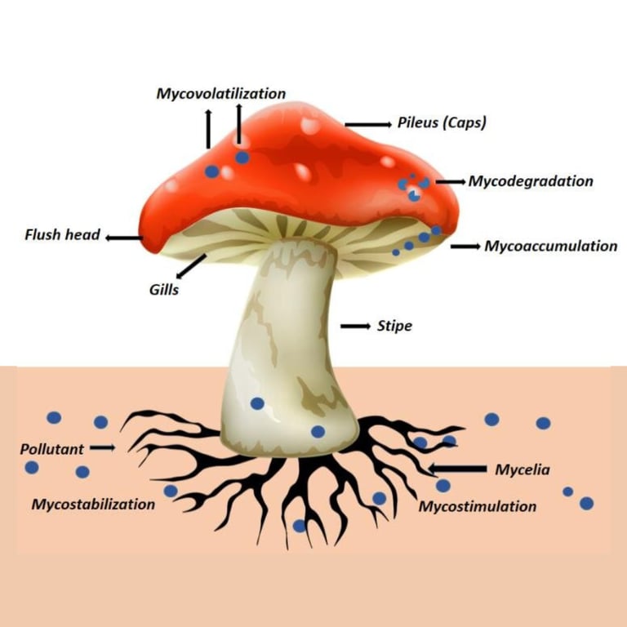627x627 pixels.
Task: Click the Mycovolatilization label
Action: tap(220, 93)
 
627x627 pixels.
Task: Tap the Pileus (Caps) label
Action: tap(442, 123)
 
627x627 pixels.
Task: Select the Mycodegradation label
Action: tap(530, 181)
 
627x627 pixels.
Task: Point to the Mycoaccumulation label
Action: tap(551, 246)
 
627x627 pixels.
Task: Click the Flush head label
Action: tap(62, 235)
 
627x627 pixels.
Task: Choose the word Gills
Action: tap(164, 289)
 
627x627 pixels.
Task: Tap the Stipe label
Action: tap(394, 326)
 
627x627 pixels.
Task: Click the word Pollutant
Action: tap(51, 448)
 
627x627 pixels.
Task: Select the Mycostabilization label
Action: tap(93, 504)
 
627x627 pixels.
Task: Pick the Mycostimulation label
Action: tap(478, 506)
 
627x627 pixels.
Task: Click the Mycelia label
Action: tap(522, 469)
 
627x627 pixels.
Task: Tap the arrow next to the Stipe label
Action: tap(356, 326)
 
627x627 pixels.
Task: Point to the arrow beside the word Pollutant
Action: tap(103, 448)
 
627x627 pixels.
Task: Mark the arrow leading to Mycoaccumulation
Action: tap(465, 246)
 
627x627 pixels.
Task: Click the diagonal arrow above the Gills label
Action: tap(191, 265)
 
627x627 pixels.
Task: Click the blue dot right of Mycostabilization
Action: tap(170, 491)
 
